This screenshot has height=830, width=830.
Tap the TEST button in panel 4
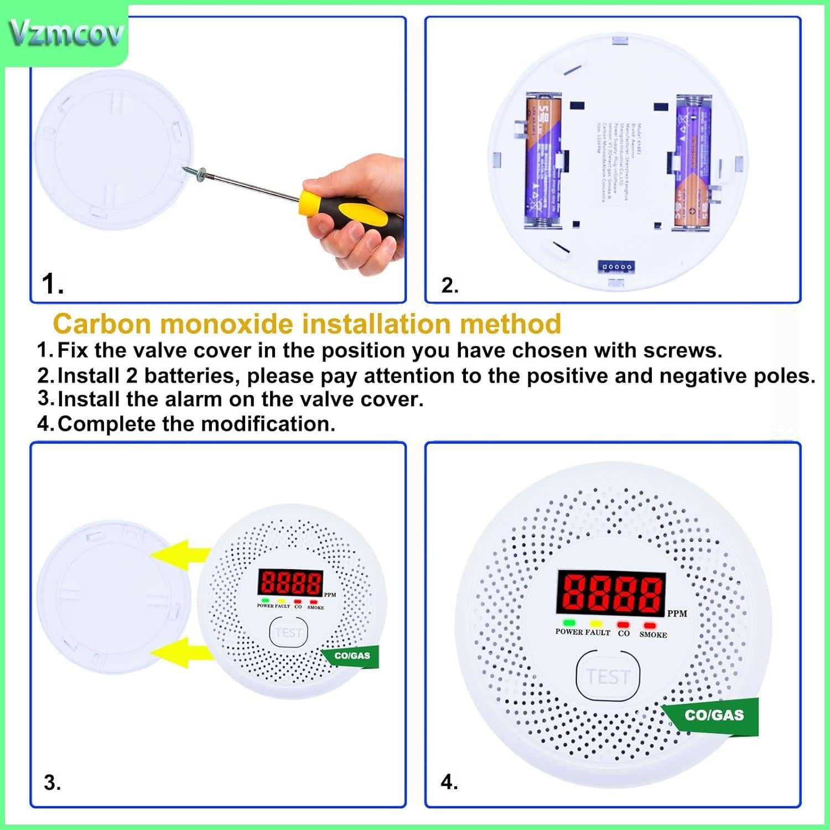608,676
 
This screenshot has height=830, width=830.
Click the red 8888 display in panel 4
610,592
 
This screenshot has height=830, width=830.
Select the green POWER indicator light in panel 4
569,624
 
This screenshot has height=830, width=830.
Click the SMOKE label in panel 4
653,635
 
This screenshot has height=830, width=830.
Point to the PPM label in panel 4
677,614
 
